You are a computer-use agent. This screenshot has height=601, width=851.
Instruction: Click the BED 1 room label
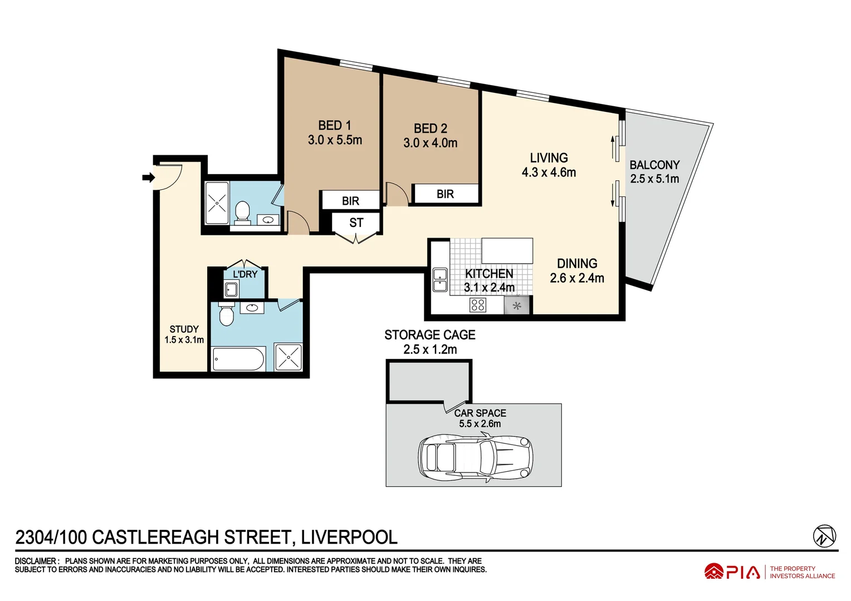coord(335,126)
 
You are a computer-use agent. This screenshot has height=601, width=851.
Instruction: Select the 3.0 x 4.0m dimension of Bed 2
coord(430,143)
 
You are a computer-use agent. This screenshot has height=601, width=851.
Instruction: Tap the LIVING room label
coord(549,158)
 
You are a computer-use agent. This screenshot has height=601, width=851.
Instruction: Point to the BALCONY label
coord(654,165)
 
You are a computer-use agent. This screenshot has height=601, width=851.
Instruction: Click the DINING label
coord(577,264)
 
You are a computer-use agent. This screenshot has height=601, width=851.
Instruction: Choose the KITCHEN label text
coord(489,274)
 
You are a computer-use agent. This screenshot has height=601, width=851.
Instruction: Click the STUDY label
coord(184,329)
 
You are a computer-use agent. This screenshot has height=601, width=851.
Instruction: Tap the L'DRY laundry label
coord(245,274)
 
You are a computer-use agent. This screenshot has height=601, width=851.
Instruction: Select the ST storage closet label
coord(356,223)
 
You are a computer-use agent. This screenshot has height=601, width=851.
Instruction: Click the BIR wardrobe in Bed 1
coord(350,201)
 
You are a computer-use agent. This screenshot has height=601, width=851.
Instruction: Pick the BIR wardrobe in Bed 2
coord(445,194)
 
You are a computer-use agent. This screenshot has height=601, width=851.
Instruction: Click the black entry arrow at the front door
coord(148,178)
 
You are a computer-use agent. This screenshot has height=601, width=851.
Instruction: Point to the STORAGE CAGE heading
coord(429,335)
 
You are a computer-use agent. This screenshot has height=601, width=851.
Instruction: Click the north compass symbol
coord(824,536)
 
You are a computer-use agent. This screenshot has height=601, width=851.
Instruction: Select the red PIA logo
coord(732,572)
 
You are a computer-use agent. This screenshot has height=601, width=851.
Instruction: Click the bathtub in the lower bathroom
coord(239,359)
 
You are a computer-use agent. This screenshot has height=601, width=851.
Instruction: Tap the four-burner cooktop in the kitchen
coord(478,305)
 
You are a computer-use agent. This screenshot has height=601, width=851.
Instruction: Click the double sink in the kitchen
coord(440,280)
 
